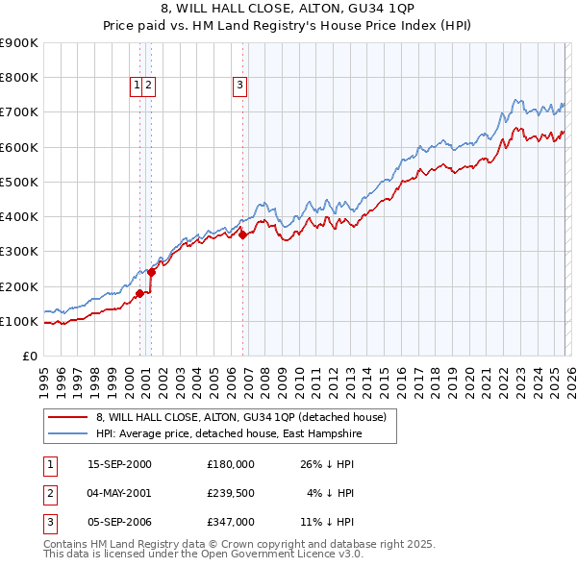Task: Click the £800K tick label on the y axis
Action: point(18,78)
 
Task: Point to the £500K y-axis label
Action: point(18,182)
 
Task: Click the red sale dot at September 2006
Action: point(242,234)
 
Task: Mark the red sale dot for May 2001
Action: point(151,273)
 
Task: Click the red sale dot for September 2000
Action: point(140,294)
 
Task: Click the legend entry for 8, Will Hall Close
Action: point(240,417)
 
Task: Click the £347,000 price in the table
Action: point(231,522)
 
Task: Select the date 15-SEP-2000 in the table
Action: point(119,463)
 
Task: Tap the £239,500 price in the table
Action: point(231,493)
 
